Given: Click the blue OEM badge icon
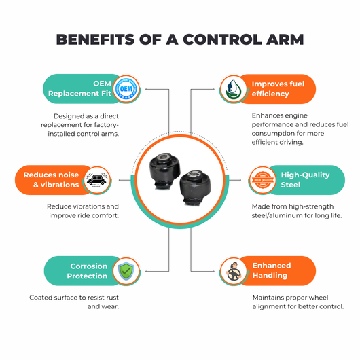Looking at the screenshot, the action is pyautogui.click(x=126, y=89).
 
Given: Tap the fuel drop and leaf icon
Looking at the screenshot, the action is pyautogui.click(x=234, y=89).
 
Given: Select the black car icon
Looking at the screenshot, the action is pyautogui.click(x=97, y=180).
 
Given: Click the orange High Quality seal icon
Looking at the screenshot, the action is pyautogui.click(x=263, y=180).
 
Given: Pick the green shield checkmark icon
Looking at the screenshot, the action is pyautogui.click(x=126, y=271).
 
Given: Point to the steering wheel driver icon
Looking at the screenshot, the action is pyautogui.click(x=234, y=272).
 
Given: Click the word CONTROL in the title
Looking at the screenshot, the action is pyautogui.click(x=222, y=39).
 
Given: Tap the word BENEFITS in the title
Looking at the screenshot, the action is pyautogui.click(x=95, y=39).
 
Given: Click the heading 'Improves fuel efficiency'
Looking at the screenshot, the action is pyautogui.click(x=278, y=89).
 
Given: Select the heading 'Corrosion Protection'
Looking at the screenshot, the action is pyautogui.click(x=87, y=271).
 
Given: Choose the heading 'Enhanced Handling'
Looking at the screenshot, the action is pyautogui.click(x=272, y=270).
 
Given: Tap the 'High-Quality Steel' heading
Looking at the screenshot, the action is pyautogui.click(x=305, y=180).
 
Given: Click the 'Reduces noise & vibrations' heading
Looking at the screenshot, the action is pyautogui.click(x=51, y=180).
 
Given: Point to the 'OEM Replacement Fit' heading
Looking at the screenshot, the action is pyautogui.click(x=79, y=88).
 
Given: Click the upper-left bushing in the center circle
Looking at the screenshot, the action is pyautogui.click(x=164, y=170).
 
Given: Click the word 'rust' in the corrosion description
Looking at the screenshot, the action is pyautogui.click(x=112, y=298).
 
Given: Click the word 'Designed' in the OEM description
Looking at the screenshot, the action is pyautogui.click(x=67, y=116).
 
